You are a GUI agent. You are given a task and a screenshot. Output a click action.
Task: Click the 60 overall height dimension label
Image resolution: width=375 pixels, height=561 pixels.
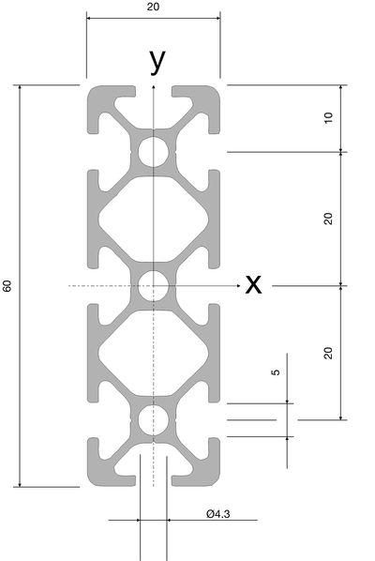(7, 286)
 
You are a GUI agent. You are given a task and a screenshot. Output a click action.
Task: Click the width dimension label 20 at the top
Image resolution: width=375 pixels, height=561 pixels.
(153, 7)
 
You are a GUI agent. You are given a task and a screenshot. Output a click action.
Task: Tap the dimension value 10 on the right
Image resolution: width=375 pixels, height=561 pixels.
(328, 117)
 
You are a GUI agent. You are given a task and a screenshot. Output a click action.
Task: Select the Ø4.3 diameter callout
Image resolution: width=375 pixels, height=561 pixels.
(218, 514)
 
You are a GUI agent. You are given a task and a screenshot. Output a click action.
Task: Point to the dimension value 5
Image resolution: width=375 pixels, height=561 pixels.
(276, 372)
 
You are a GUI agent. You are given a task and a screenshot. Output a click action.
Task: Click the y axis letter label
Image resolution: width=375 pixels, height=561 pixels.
(157, 61)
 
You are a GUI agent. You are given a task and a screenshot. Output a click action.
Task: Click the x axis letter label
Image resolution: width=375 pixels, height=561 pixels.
(253, 285)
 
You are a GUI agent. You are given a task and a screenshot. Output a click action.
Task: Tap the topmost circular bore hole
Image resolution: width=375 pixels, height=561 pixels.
(154, 152)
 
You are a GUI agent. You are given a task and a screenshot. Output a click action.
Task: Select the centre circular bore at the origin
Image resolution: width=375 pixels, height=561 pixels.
(154, 286)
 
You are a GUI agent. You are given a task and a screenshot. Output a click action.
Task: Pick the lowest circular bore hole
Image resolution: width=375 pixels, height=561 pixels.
(154, 420)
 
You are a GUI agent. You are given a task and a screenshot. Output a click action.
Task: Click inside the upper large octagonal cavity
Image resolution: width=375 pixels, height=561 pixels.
(154, 219)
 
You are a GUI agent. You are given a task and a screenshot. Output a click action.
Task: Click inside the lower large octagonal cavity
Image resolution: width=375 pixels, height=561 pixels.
(154, 353)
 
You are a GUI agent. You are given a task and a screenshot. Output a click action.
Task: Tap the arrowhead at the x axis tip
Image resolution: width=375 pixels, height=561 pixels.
(238, 286)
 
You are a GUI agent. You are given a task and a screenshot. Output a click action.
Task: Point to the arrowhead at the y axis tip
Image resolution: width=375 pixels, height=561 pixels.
(154, 86)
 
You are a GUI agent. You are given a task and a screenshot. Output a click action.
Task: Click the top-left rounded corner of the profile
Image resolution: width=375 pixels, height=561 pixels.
(92, 90)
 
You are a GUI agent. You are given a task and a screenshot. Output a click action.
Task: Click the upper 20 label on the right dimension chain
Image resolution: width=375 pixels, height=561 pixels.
(328, 219)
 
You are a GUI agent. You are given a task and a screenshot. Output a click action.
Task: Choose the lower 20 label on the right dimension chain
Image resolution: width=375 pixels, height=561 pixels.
(328, 353)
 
